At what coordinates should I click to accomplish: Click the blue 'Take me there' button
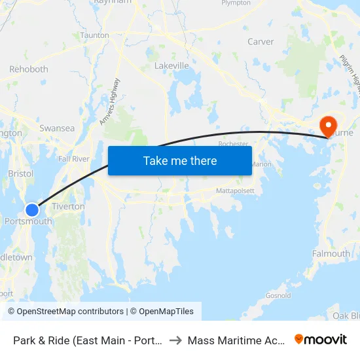[x=179, y=160]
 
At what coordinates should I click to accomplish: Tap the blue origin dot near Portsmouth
[x=32, y=209]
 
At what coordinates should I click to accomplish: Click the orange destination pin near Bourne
[x=327, y=125]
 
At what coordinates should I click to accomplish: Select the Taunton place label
[x=94, y=35]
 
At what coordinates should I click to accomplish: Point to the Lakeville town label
[x=171, y=66]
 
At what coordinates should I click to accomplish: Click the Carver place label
[x=261, y=42]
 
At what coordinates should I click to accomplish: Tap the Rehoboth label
[x=29, y=69]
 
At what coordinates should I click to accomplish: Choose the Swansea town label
[x=57, y=128]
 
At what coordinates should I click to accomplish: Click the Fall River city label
[x=73, y=159]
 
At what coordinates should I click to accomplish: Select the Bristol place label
[x=20, y=174]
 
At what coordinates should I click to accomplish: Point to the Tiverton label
[x=68, y=206]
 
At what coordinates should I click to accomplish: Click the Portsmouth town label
[x=28, y=222]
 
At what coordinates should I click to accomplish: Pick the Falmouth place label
[x=331, y=254]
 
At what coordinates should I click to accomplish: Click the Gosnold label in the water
[x=278, y=295]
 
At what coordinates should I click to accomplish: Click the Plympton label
[x=236, y=3]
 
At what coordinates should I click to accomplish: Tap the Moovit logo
[x=321, y=340]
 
